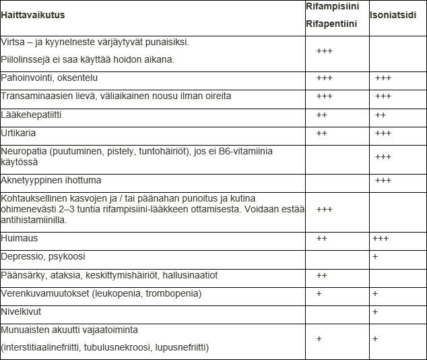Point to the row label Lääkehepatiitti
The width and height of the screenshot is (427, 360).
click(x=32, y=115)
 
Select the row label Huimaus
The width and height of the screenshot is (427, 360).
click(x=20, y=239)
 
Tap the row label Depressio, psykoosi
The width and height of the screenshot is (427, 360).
click(x=43, y=257)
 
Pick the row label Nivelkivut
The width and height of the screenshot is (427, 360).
click(x=22, y=312)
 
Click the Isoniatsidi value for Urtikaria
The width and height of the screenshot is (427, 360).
click(x=383, y=133)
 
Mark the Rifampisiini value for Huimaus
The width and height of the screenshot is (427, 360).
click(x=322, y=239)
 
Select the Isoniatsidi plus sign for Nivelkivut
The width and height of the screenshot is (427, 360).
click(x=375, y=312)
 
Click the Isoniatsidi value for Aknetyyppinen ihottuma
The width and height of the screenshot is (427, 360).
click(x=383, y=181)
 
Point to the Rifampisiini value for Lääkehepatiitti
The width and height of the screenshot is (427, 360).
click(x=322, y=115)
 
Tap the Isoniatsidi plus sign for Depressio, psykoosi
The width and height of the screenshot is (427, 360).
click(x=375, y=258)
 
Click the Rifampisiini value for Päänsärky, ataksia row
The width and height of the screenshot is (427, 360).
click(x=322, y=276)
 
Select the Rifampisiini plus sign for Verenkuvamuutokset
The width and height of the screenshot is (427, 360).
click(x=319, y=294)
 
